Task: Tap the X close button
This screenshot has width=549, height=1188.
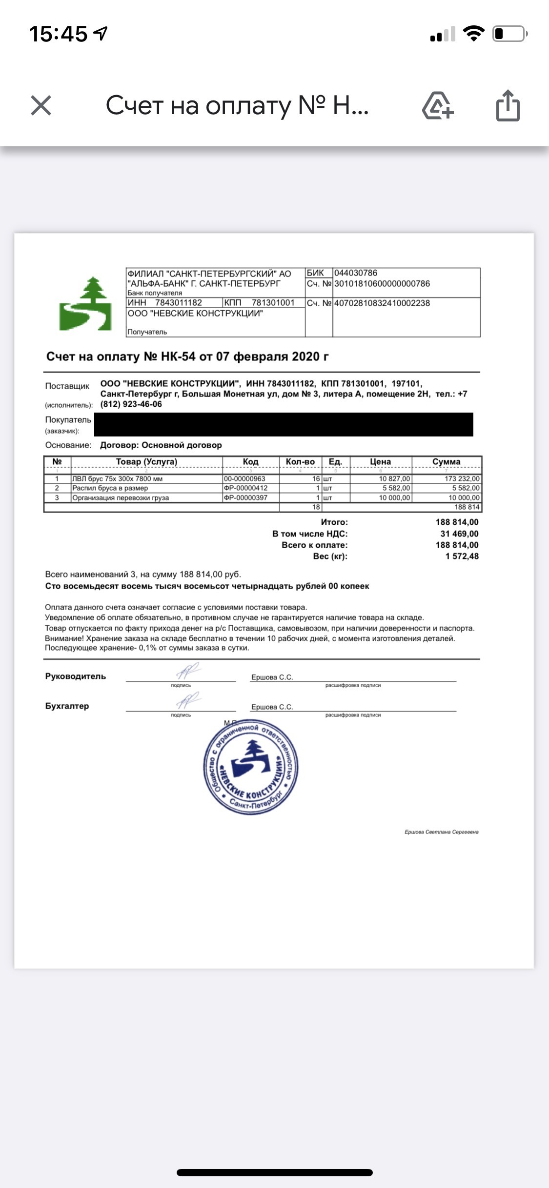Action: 41,105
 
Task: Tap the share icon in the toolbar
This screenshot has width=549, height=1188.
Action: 508,105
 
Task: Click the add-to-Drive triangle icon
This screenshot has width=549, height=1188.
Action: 437,106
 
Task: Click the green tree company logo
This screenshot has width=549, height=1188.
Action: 86,304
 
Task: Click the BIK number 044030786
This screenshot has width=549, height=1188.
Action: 356,273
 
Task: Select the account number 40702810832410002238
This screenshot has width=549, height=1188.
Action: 382,303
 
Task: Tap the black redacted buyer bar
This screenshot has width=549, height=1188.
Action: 283,424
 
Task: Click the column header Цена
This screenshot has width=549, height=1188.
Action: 380,461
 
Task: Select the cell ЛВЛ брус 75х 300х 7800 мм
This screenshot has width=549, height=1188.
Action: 118,478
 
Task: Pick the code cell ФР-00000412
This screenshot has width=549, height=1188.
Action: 245,488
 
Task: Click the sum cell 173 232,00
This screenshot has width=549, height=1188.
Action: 462,478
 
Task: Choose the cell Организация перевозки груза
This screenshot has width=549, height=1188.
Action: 121,497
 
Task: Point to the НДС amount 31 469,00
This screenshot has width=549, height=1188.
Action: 459,534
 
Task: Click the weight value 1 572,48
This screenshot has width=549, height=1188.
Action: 462,556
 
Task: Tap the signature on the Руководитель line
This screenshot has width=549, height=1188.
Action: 187,671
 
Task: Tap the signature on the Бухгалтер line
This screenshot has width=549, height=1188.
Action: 187,701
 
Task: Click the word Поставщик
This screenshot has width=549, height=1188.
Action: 67,386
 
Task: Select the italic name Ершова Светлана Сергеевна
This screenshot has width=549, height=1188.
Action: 441,832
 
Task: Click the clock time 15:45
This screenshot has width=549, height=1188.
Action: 58,34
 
